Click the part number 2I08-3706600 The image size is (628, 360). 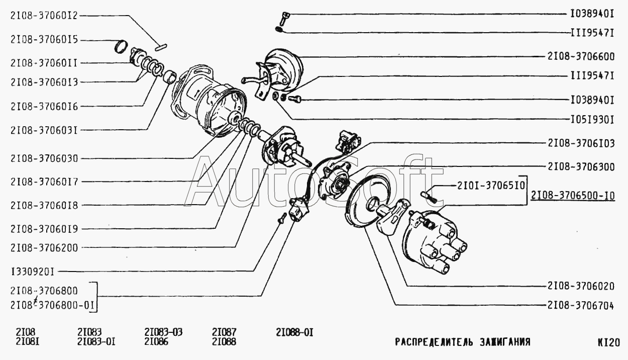[x=581, y=57]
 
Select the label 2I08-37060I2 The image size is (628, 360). [x=44, y=16]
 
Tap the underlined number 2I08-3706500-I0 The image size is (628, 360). [x=573, y=196]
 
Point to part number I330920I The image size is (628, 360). [x=33, y=272]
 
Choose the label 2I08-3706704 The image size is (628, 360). [x=581, y=306]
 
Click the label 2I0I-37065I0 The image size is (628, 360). [x=491, y=186]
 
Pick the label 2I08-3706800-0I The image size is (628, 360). [x=53, y=305]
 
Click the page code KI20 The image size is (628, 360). [x=608, y=342]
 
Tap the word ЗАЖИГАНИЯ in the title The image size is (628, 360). [x=505, y=342]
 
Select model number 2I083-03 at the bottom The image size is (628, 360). [x=163, y=332]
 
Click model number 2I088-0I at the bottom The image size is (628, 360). [x=294, y=332]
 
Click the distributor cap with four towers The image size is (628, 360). [x=435, y=241]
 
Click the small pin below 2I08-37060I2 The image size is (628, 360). [x=161, y=48]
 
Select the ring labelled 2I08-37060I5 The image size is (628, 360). [x=121, y=47]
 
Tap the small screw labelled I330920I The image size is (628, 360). [x=282, y=218]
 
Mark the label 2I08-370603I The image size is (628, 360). [x=44, y=131]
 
